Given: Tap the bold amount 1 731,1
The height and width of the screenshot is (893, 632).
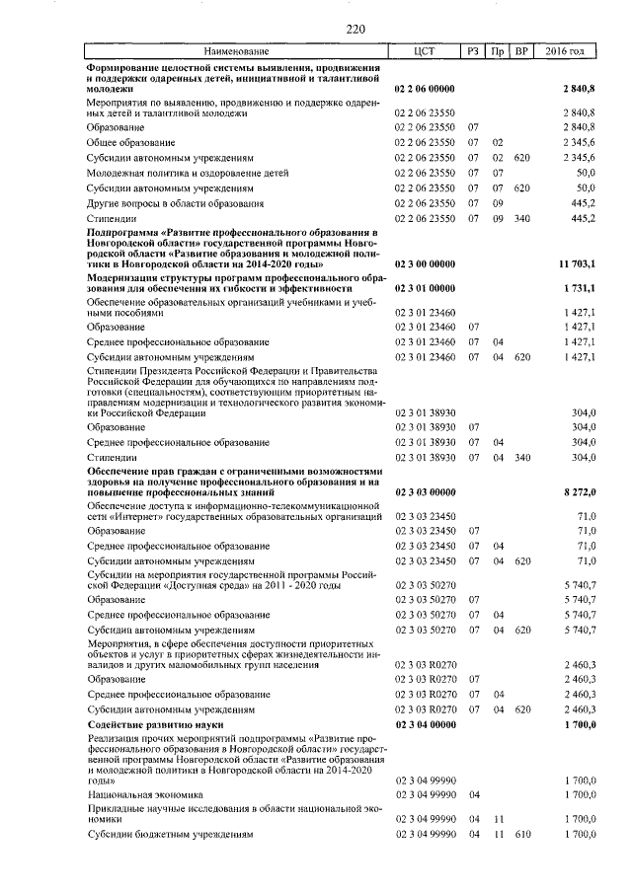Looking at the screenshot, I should click(579, 289).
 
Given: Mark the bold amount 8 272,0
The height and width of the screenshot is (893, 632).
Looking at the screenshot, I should click(579, 490).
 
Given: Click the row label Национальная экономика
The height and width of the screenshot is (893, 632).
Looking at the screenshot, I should click(145, 792).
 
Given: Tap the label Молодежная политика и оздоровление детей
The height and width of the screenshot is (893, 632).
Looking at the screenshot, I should click(188, 172).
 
